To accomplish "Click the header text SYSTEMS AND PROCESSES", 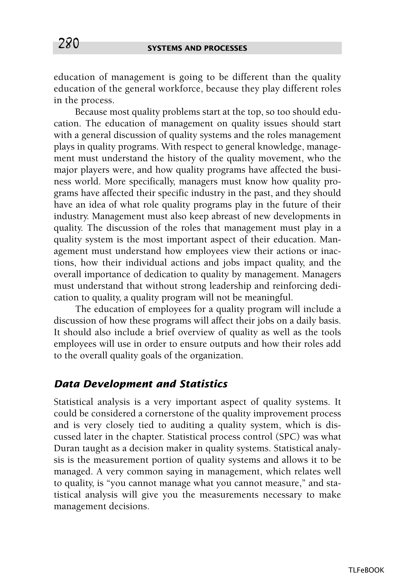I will click(x=197, y=48).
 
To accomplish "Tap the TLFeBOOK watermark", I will click(x=366, y=563).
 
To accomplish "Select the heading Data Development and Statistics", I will click(x=141, y=384).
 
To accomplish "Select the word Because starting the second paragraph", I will click(x=91, y=112).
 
